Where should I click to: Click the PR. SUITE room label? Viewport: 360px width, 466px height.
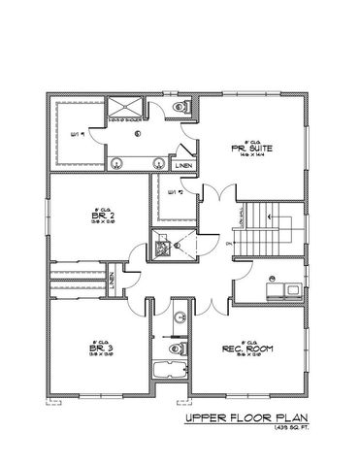(249, 149)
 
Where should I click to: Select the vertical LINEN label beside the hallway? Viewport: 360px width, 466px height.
(114, 281)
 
